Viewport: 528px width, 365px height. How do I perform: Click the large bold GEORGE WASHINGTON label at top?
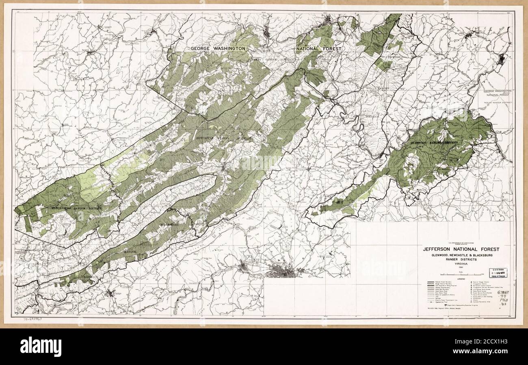219,48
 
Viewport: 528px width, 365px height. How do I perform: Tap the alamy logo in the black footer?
37,346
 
